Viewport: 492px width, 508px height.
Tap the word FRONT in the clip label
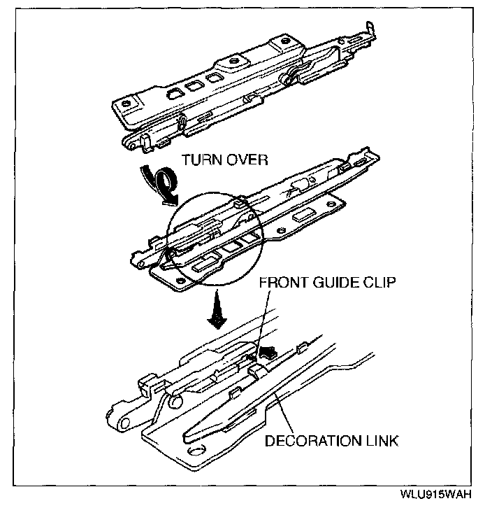point(281,284)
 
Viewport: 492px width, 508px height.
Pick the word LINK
point(382,441)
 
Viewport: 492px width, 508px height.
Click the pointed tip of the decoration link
point(190,438)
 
